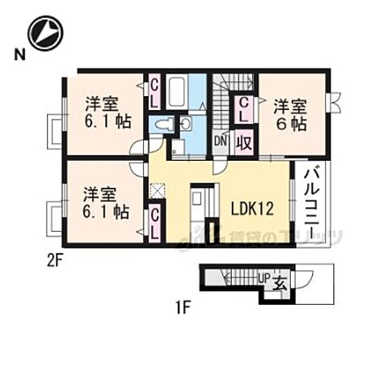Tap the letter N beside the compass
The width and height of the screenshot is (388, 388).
coord(17,55)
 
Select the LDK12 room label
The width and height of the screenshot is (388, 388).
coord(251,208)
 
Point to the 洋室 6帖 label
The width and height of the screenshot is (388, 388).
coord(289,114)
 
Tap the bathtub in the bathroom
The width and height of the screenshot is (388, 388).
coord(176,91)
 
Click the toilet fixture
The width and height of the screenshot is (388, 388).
coord(162,124)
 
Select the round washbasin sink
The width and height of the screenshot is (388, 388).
coord(185,124)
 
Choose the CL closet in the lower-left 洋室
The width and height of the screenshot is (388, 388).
coord(154,221)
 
